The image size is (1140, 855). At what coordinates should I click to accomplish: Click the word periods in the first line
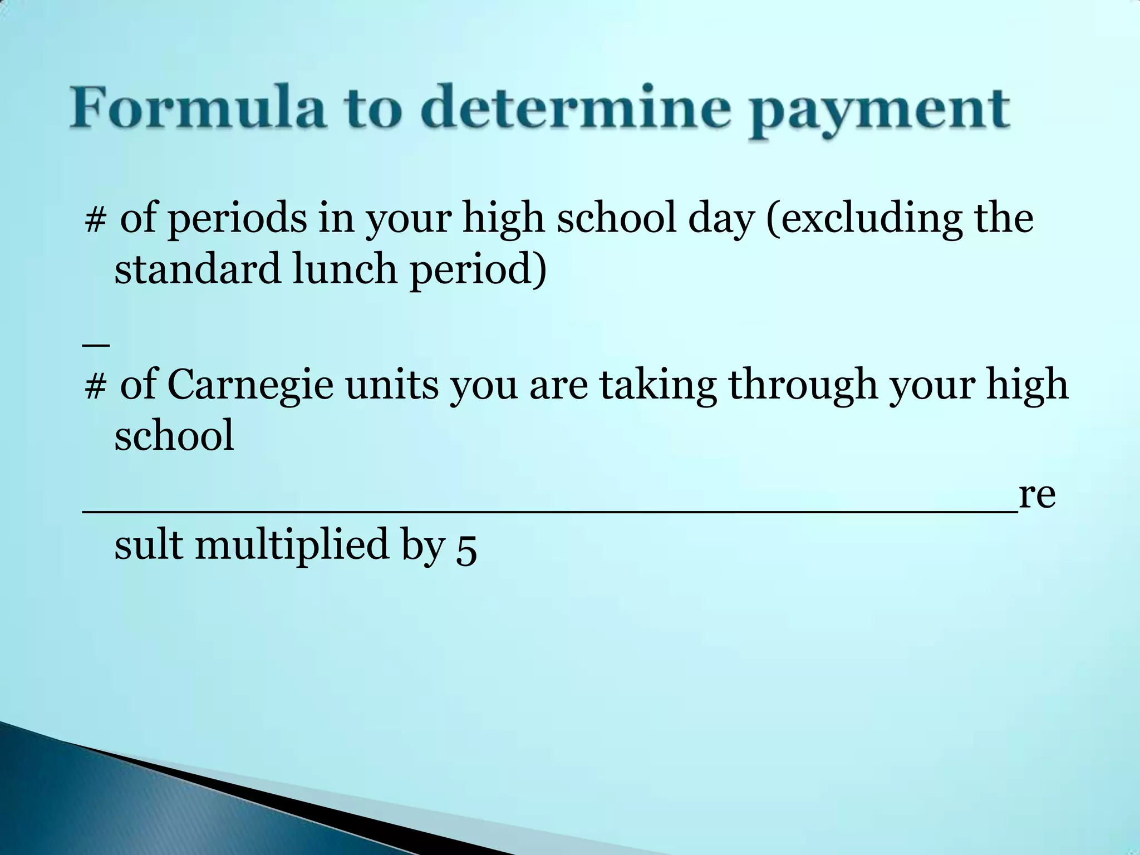click(237, 218)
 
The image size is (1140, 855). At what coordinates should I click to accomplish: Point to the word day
click(721, 219)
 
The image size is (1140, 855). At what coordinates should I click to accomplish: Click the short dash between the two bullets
click(95, 345)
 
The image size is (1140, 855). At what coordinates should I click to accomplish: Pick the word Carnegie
click(250, 385)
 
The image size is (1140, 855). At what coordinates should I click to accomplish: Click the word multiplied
click(292, 544)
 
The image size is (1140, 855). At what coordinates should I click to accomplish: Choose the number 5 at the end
click(466, 549)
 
